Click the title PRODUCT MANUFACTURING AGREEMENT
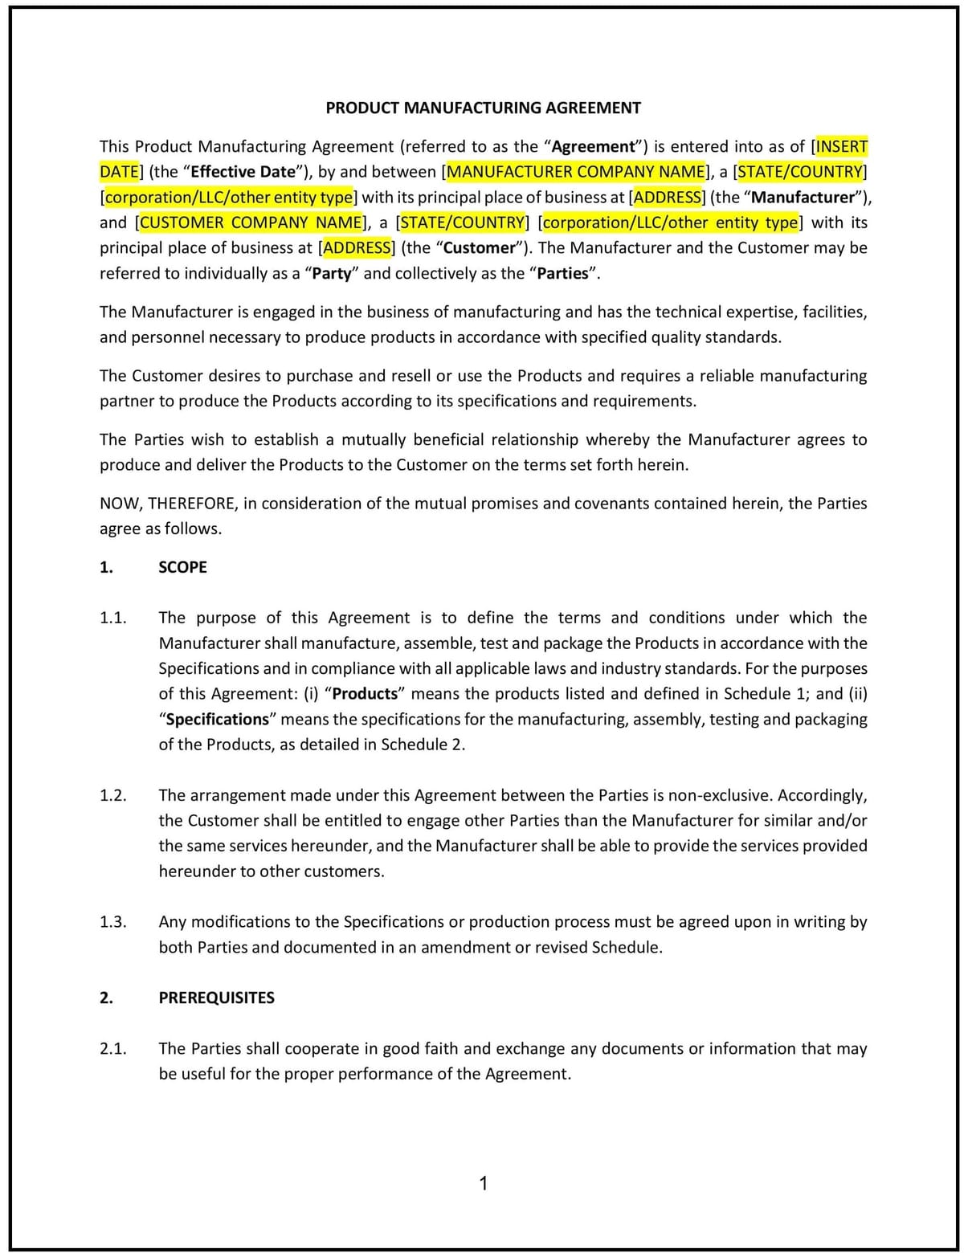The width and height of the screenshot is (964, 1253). click(x=483, y=108)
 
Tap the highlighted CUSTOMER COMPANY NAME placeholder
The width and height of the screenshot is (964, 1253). click(x=251, y=222)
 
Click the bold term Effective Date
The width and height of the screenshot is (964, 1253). click(x=244, y=172)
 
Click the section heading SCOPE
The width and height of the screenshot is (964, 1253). click(x=182, y=567)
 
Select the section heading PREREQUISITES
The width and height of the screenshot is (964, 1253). click(x=216, y=998)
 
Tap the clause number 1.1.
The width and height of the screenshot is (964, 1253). click(x=113, y=618)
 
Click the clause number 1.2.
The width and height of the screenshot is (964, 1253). click(x=113, y=795)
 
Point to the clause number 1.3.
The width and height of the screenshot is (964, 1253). click(x=113, y=922)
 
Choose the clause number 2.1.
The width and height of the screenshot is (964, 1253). click(x=113, y=1048)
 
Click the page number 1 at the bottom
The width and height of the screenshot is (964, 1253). click(x=483, y=1183)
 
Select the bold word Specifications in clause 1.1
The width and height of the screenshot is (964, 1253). click(x=217, y=719)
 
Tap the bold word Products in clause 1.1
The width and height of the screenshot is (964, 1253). click(x=365, y=694)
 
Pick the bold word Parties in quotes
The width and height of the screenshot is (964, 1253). click(x=562, y=274)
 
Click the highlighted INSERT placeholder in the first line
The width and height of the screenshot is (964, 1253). click(x=842, y=147)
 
